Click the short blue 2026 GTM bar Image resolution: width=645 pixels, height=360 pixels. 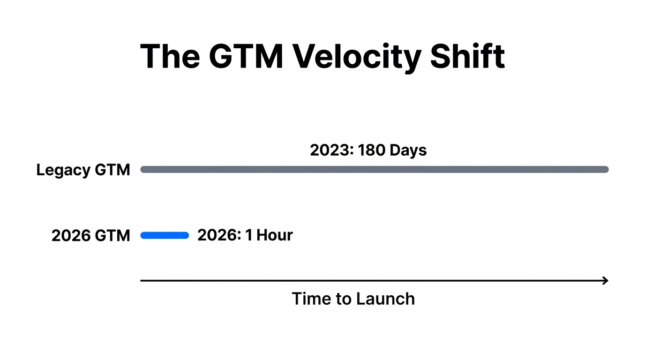165,235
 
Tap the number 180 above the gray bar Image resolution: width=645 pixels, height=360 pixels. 372,150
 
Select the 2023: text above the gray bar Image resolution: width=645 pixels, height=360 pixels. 331,150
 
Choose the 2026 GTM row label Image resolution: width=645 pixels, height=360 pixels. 90,235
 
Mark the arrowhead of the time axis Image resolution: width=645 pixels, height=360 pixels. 605,281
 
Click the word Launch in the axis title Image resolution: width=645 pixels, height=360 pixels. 385,299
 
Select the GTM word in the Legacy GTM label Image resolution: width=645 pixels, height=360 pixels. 112,170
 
